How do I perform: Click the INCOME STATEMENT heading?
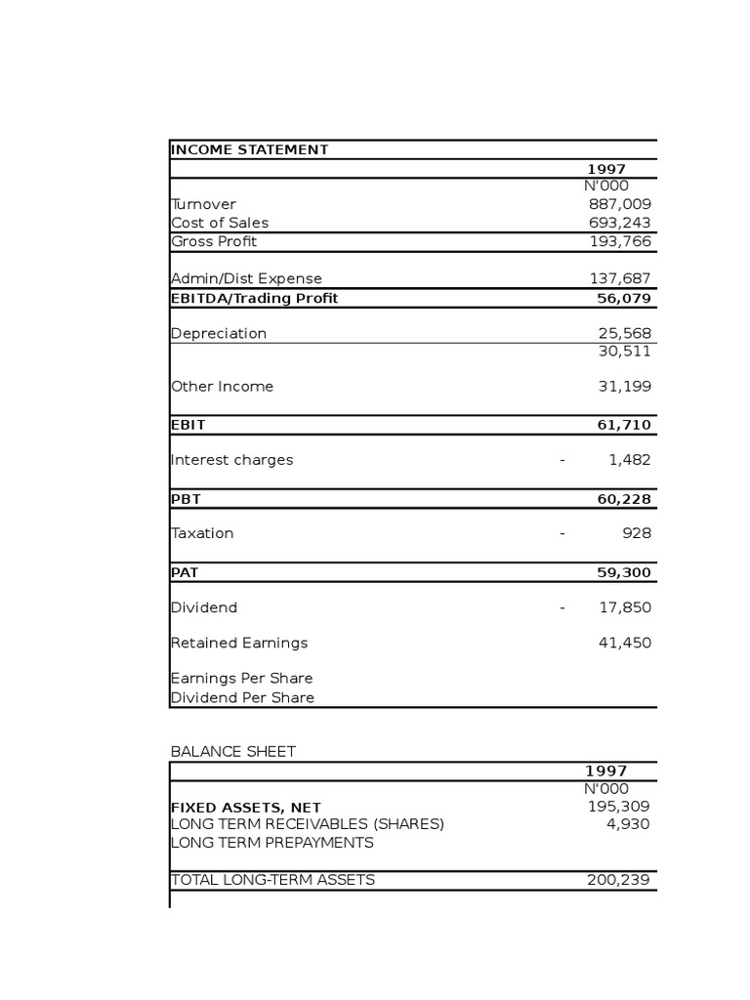tap(250, 149)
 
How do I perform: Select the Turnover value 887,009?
tap(619, 204)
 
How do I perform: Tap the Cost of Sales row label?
tap(220, 223)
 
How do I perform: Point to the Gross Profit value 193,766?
tap(619, 241)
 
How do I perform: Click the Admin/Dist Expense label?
tap(246, 278)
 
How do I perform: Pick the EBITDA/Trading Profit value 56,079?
tap(624, 298)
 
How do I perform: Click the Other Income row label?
tap(223, 386)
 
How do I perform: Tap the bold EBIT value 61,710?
tap(624, 425)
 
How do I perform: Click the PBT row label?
tap(186, 499)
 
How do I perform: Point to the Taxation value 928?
tap(637, 533)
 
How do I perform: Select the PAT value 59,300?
tap(624, 572)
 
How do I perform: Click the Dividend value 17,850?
tap(624, 607)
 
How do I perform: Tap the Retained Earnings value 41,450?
tap(624, 643)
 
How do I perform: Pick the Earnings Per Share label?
tap(242, 678)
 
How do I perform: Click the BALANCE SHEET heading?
tap(233, 751)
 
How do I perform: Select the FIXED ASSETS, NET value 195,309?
tap(618, 806)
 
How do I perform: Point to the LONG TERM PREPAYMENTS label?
tap(272, 842)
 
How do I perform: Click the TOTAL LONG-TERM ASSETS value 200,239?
tap(618, 879)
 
